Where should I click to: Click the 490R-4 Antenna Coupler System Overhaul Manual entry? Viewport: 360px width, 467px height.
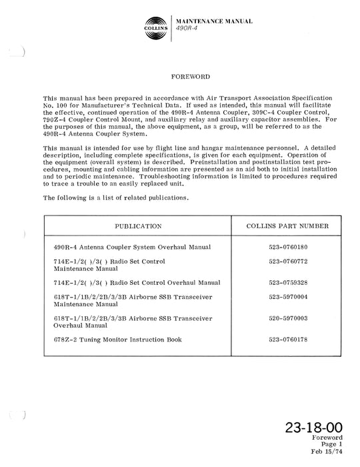click(132, 248)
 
